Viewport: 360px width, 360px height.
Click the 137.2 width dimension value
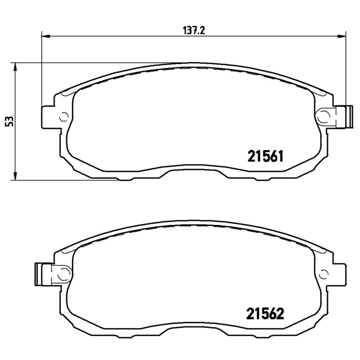point(193,31)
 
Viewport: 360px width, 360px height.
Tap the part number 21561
point(265,156)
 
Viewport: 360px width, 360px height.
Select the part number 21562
point(265,314)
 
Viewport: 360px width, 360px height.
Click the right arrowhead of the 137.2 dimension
point(341,36)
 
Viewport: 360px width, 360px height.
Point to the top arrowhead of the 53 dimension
point(15,67)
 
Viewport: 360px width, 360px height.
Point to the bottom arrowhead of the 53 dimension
point(15,175)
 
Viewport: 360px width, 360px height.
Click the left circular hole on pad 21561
point(63,117)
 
